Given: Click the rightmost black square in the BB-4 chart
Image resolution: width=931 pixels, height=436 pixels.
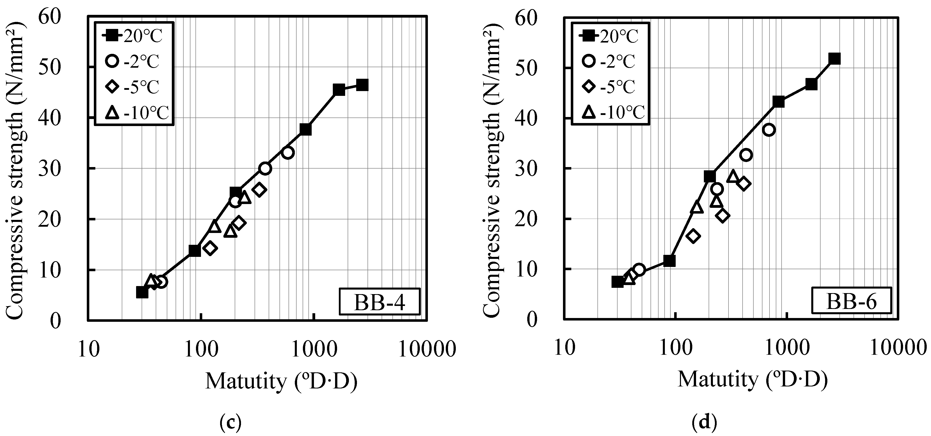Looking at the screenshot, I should point(362,85).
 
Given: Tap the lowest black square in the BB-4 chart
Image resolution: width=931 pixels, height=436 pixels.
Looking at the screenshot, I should point(142,292).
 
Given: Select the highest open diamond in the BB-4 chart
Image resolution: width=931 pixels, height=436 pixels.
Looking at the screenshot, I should point(259,189).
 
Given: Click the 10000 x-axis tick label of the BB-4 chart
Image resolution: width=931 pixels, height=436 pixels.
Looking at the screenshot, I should point(427,350).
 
